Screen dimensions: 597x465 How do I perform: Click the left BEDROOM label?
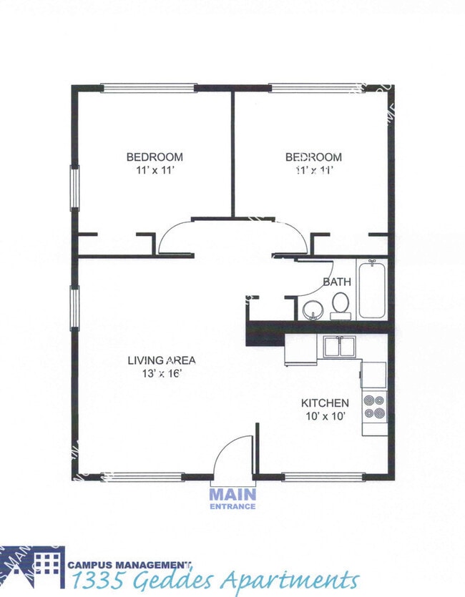click(155, 157)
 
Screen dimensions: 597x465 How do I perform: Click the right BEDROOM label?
click(313, 157)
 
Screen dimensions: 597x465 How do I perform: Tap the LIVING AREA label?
click(162, 360)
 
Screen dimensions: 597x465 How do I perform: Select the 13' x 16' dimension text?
click(162, 373)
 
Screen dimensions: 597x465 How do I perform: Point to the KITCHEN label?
click(325, 403)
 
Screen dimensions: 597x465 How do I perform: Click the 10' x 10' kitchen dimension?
click(325, 416)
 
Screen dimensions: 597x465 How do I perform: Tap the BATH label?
click(336, 282)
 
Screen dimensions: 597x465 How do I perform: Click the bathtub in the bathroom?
click(372, 290)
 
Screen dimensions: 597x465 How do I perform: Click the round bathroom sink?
click(312, 310)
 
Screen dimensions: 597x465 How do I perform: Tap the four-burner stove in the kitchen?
click(374, 407)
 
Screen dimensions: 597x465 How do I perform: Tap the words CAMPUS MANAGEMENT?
click(129, 563)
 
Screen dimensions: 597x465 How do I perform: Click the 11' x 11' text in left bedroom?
click(155, 169)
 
